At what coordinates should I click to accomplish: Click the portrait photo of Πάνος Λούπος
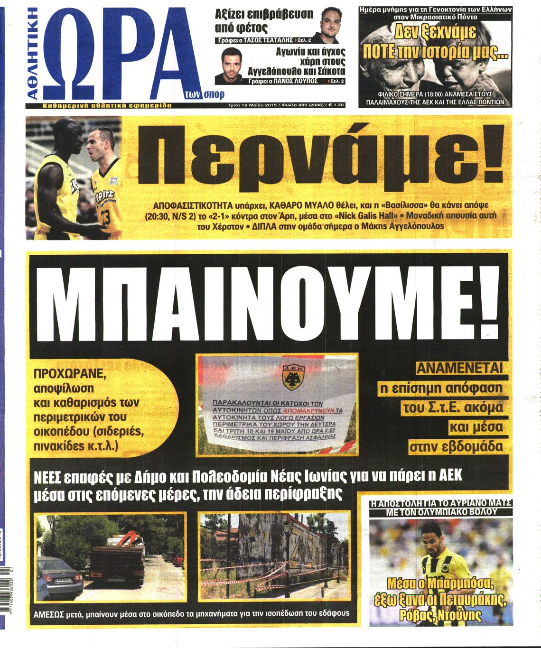pos(229,65)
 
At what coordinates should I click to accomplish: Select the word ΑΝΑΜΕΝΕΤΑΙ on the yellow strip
pos(459,368)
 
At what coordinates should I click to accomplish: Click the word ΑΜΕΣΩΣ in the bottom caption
pos(52,613)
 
